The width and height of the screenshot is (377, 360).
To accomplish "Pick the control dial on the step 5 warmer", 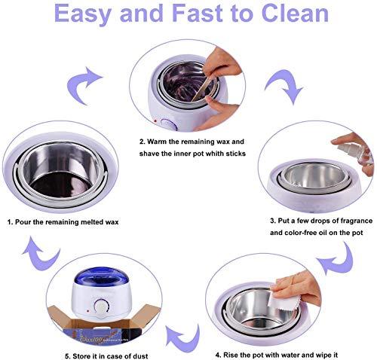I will [100, 305].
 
